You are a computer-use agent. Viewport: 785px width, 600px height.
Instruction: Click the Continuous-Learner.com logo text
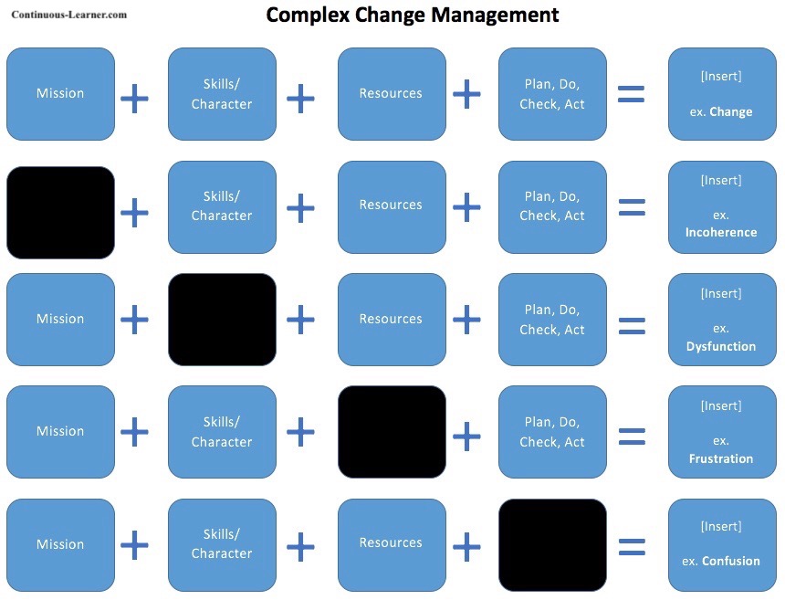coord(69,15)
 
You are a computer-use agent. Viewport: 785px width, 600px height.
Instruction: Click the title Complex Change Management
coord(412,16)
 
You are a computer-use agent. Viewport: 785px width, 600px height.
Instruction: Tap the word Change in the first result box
coord(731,111)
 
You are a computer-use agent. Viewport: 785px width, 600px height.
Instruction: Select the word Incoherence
coord(721,232)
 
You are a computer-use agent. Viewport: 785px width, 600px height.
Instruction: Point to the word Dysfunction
coord(721,346)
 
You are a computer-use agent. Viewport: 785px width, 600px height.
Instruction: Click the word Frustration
coord(721,458)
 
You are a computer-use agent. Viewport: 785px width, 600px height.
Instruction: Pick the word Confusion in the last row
coord(730,561)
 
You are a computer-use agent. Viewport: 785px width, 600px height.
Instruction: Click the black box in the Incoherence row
coord(61,212)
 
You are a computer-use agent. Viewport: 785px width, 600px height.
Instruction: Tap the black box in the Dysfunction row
coord(222,320)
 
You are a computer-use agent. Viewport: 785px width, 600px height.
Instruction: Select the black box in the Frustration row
coord(392,431)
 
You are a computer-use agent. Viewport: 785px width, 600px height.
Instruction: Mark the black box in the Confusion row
coord(552,544)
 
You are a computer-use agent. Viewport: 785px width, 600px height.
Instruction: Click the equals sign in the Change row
coord(632,94)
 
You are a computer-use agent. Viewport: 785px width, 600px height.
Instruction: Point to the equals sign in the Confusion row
coord(632,547)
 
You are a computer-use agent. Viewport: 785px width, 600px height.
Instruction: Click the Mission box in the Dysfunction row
coord(61,319)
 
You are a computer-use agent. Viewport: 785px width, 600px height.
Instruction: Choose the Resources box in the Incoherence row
coord(392,205)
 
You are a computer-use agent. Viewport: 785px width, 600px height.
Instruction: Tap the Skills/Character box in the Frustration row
coord(222,432)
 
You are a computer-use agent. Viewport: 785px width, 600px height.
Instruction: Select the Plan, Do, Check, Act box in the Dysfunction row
coord(552,320)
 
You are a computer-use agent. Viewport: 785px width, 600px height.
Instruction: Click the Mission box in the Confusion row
coord(61,544)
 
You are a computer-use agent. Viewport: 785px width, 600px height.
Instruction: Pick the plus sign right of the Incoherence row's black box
coord(134,213)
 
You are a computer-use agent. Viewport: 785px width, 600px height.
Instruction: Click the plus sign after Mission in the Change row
coord(134,98)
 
